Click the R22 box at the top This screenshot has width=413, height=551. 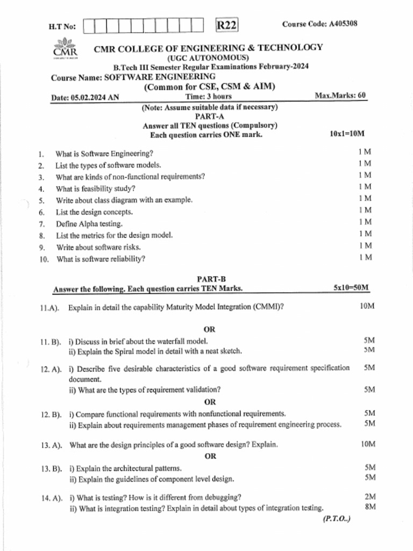(226, 25)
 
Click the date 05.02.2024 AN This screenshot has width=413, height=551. (85, 97)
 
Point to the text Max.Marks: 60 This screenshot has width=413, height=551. (340, 95)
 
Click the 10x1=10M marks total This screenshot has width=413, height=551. (347, 133)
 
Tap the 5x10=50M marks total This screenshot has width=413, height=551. (351, 288)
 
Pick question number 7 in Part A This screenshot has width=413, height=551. (41, 224)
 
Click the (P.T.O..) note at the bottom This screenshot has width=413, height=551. (337, 519)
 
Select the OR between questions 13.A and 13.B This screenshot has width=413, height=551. (210, 456)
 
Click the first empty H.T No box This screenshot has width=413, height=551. (89, 25)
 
